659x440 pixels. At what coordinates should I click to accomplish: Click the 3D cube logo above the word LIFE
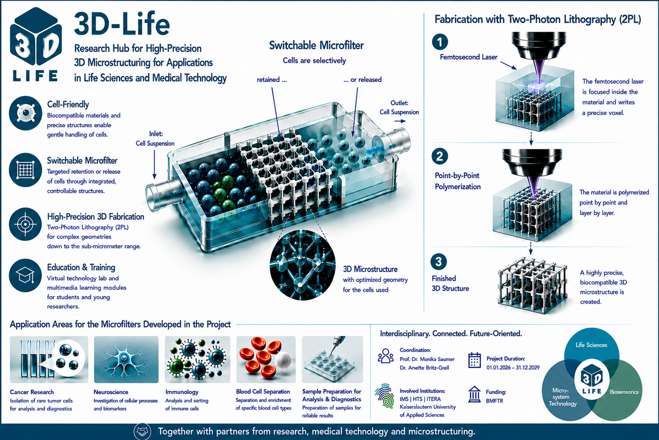point(36,36)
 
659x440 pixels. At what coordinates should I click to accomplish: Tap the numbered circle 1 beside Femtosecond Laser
point(440,42)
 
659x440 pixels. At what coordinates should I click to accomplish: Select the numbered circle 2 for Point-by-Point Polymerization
point(440,156)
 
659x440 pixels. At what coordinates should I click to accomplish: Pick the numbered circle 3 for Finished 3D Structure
point(439,262)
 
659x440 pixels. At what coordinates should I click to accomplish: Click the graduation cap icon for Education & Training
point(25,275)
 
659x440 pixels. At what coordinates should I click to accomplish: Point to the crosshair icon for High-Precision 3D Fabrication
point(25,224)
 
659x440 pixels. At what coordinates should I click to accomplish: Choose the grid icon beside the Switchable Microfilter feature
point(25,170)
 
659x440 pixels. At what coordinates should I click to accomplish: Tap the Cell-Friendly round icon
point(25,113)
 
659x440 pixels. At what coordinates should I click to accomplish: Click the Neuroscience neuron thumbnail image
point(126,359)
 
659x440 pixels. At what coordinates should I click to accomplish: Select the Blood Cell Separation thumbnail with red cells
point(266,359)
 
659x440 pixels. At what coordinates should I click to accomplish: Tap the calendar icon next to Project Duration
point(474,360)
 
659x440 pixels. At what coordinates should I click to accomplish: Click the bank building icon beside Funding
point(474,394)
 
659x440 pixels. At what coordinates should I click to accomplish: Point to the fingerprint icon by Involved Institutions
point(385,396)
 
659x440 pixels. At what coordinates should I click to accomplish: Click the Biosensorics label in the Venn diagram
point(624,392)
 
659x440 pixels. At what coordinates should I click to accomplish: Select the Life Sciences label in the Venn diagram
point(592,345)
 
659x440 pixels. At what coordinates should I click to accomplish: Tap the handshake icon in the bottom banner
point(143,431)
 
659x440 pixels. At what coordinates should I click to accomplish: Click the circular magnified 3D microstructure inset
point(302,265)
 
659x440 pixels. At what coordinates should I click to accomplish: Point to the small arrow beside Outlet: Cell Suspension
point(400,121)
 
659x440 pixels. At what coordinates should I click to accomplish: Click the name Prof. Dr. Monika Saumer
point(427,359)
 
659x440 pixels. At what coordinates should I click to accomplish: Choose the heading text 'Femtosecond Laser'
point(469,57)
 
